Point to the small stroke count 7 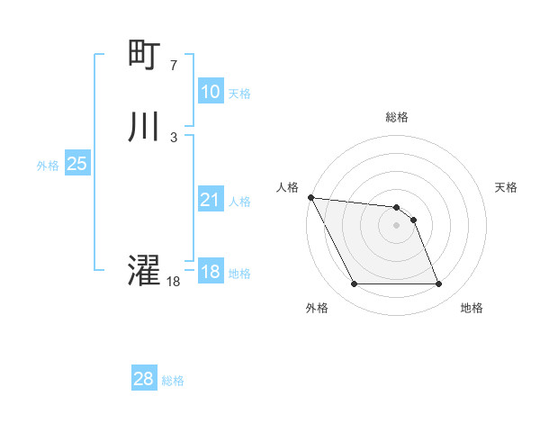(x=173, y=65)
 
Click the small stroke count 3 (x=173, y=137)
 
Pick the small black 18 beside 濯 (x=174, y=281)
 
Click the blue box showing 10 (x=210, y=92)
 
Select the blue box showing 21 (x=210, y=200)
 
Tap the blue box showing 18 (x=210, y=272)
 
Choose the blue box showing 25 (x=76, y=164)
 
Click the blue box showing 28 (x=143, y=380)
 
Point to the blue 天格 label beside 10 (x=238, y=94)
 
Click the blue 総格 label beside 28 (x=173, y=381)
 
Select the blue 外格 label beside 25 (x=48, y=166)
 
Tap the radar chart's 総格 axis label (x=397, y=117)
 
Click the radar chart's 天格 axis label (x=507, y=187)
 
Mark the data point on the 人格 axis (x=310, y=197)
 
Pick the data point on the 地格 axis (x=439, y=284)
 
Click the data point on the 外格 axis (x=354, y=284)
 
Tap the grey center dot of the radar (x=396, y=225)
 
